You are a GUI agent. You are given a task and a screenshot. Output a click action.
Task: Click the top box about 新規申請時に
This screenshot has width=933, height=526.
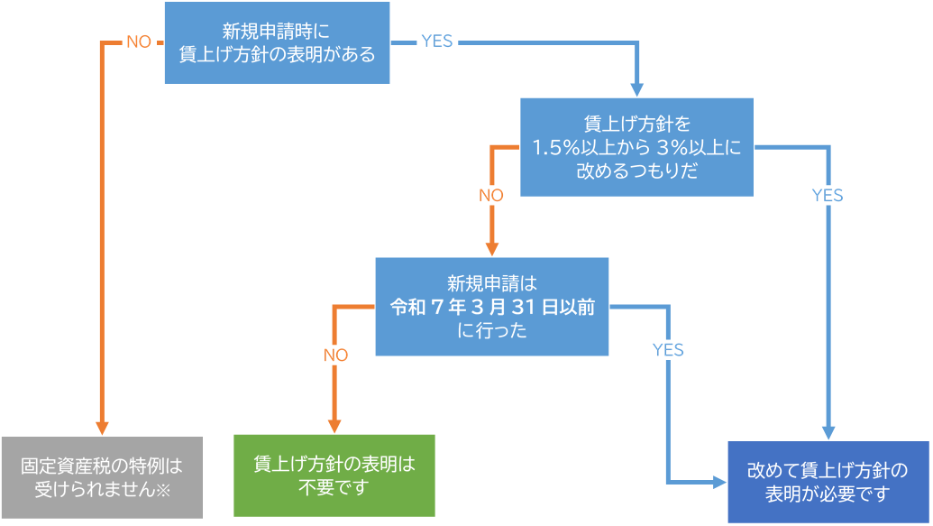tap(277, 42)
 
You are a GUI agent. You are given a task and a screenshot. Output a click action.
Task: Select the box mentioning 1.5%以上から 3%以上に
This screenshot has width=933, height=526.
tap(636, 146)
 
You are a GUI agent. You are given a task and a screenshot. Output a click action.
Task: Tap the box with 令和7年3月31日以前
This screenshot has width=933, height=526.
tap(491, 306)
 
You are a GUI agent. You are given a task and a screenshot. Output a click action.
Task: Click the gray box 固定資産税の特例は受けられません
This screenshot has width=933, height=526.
tap(101, 476)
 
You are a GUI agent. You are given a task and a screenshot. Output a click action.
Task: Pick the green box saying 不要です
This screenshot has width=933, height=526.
tap(334, 475)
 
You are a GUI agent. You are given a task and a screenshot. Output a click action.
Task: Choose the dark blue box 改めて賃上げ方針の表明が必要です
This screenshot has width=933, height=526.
tap(828, 482)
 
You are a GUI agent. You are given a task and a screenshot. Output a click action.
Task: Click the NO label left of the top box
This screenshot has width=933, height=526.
tap(138, 42)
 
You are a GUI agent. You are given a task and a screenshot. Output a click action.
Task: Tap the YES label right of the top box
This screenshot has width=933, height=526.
tap(436, 42)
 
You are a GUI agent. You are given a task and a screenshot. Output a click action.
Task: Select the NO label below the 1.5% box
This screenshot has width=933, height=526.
tap(491, 195)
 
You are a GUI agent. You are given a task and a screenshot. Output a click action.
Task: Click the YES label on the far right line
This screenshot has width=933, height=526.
tap(827, 195)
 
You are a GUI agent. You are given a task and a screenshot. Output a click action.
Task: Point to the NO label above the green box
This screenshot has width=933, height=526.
tap(334, 355)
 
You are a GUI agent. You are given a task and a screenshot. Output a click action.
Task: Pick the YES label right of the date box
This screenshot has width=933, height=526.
tap(668, 349)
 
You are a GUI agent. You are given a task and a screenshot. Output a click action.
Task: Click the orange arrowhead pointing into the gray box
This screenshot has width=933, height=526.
tap(101, 427)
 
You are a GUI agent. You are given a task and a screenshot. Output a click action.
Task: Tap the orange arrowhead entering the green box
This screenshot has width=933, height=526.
tap(334, 425)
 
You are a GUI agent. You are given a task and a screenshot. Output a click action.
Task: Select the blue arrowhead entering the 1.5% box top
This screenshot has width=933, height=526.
tap(636, 88)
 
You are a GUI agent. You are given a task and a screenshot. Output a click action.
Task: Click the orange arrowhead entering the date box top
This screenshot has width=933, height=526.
tap(491, 248)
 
